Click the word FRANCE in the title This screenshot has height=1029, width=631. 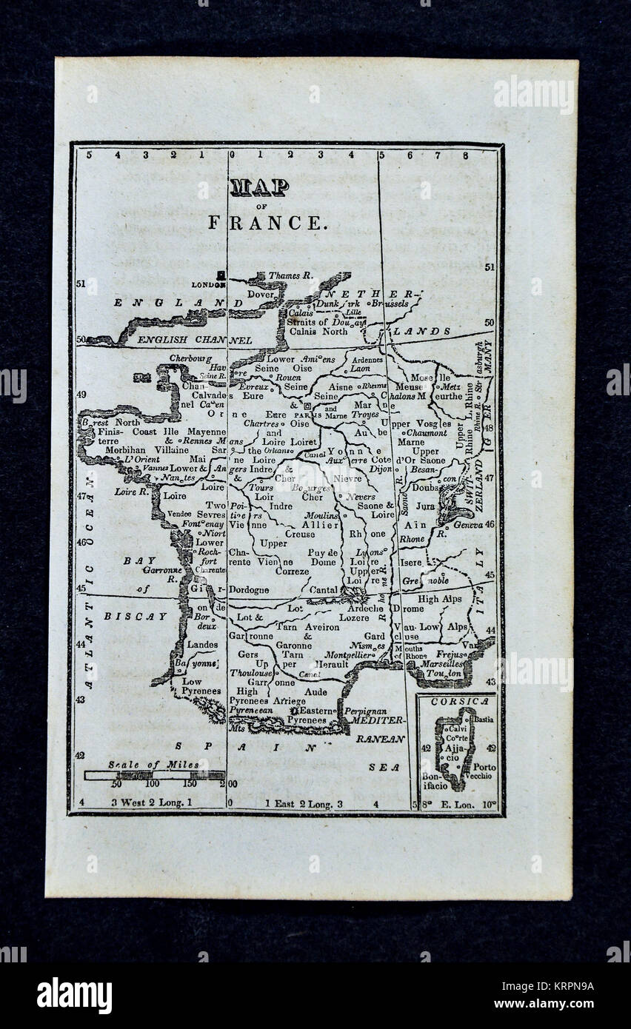267,222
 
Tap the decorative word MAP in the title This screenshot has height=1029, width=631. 258,188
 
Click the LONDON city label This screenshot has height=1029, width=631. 207,284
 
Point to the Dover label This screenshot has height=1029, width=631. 261,293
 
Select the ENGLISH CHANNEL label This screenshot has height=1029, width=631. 195,340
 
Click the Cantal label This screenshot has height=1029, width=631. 324,589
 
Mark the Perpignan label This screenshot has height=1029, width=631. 366,710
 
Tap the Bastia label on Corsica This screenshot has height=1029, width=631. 484,719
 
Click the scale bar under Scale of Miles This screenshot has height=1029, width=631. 154,775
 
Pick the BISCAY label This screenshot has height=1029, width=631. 136,616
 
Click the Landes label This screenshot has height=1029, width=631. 202,645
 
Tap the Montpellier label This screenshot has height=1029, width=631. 350,655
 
